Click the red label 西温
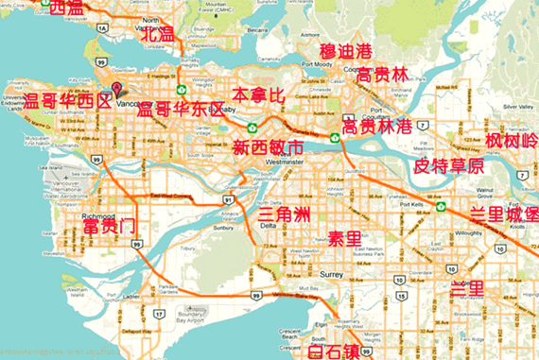(65, 8)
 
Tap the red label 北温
(157, 35)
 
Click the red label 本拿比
(257, 95)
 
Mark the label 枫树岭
(511, 141)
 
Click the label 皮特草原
(448, 165)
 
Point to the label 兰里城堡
(503, 214)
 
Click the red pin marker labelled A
(117, 88)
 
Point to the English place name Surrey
(331, 274)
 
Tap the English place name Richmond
(97, 189)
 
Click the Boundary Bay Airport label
(179, 319)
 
